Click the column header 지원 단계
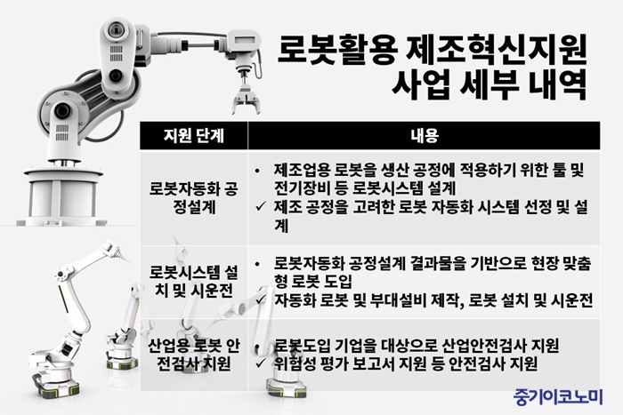[194, 136]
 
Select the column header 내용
[425, 136]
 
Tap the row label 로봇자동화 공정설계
[194, 197]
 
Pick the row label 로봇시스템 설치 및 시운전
[194, 282]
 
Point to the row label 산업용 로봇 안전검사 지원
[194, 355]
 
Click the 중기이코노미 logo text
[558, 396]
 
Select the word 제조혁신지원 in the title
[497, 50]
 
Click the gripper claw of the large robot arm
[247, 101]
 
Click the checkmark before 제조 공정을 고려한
[261, 206]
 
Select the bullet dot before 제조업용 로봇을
[257, 171]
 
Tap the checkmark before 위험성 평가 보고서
[261, 363]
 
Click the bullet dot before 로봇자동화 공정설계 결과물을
[257, 264]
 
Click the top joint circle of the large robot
[117, 29]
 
